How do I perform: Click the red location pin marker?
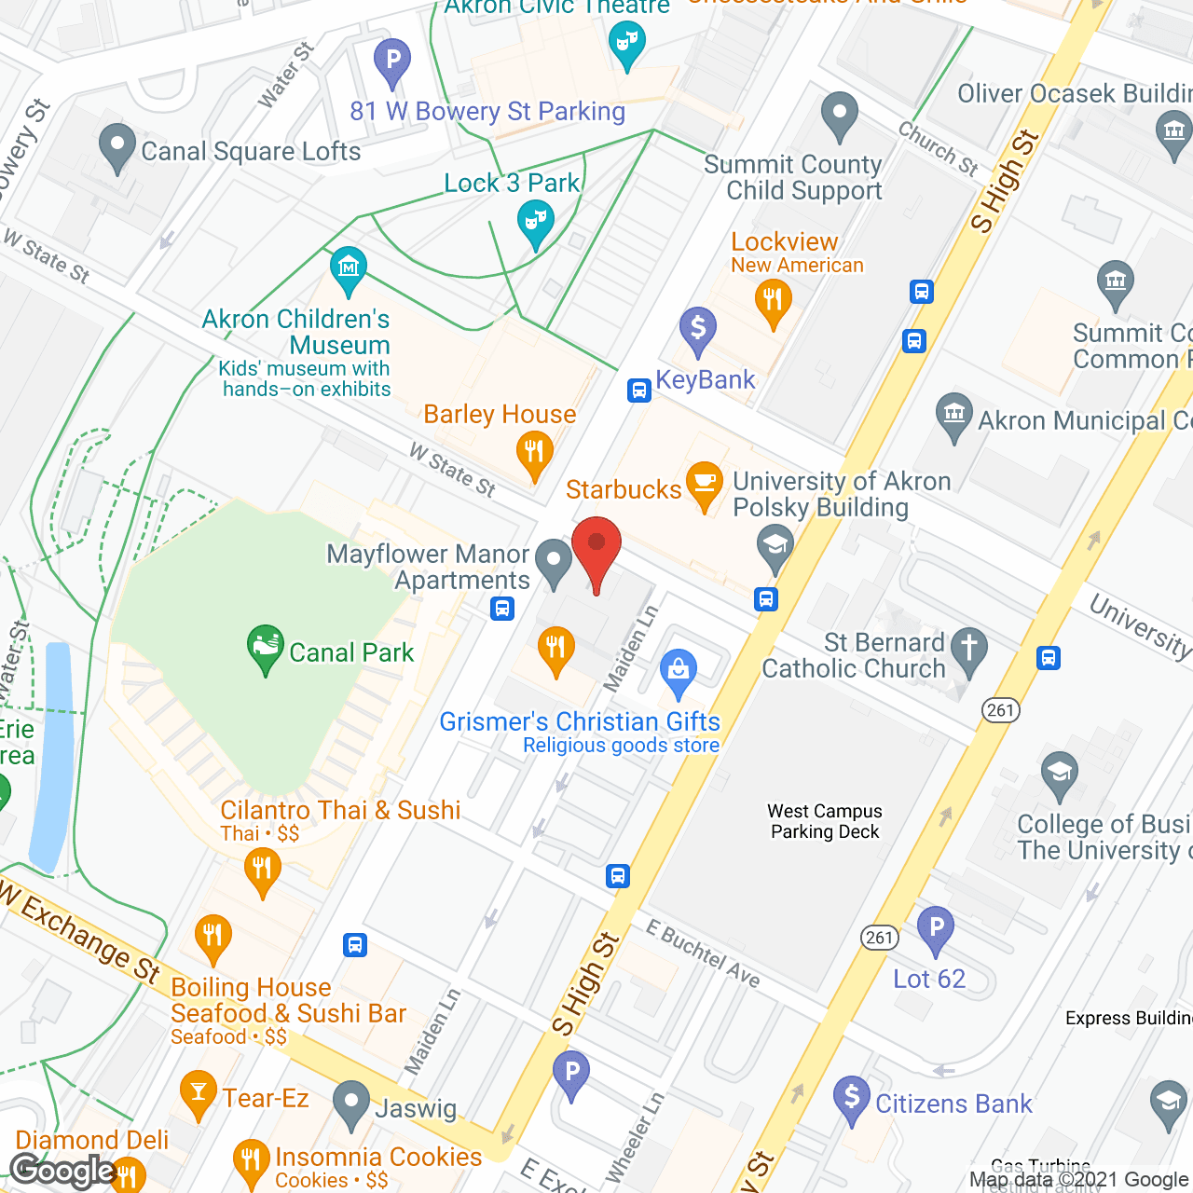pos(596,550)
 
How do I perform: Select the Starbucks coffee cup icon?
pos(705,485)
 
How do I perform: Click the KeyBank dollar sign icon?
pos(697,330)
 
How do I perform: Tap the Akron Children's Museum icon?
pos(349,269)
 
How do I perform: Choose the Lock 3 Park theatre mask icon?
pos(535,225)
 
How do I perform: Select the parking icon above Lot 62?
pos(935,929)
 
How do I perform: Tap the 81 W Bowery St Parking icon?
pos(392,61)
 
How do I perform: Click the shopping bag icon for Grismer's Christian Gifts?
pos(679,671)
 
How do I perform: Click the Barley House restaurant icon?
pos(534,454)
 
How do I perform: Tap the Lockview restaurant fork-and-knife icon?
pos(773,302)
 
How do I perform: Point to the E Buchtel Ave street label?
pos(704,953)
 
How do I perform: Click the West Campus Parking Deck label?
pos(825,821)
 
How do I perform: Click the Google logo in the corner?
pos(63,1171)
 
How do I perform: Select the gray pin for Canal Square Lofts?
pos(117,146)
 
